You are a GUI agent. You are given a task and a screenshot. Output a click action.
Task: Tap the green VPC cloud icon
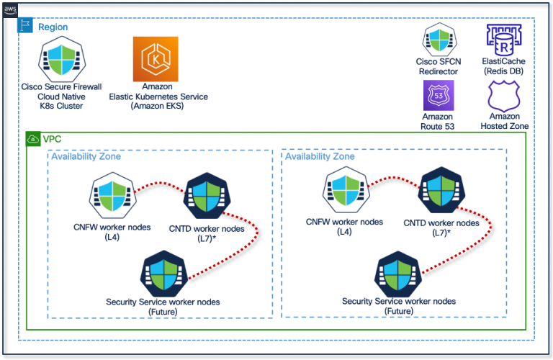click(32, 138)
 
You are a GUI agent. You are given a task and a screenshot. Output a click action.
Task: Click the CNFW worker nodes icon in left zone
click(112, 195)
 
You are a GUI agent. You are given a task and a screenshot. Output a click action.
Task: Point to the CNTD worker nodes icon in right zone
click(441, 191)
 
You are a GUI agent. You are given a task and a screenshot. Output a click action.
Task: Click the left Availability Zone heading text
click(86, 156)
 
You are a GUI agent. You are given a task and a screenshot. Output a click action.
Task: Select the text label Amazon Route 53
click(437, 121)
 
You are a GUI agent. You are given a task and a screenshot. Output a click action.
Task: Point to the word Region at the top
click(53, 27)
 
